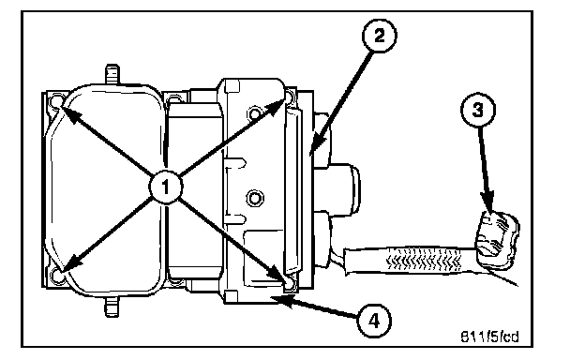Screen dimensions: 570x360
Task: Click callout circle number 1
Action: (x=166, y=187)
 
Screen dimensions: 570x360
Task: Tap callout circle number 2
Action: (x=379, y=36)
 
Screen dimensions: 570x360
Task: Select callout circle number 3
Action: (x=478, y=109)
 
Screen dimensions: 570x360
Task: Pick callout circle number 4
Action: (x=374, y=321)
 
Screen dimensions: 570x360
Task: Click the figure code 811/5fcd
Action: (x=489, y=337)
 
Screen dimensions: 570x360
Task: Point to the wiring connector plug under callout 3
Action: (x=497, y=240)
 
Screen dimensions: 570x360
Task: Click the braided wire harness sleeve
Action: (x=411, y=260)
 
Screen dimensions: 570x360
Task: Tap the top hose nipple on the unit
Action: (x=112, y=74)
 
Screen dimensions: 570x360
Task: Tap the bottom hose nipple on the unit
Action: (x=112, y=307)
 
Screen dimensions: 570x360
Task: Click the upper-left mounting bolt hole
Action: (x=57, y=101)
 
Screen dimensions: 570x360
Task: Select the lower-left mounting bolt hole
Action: (x=57, y=276)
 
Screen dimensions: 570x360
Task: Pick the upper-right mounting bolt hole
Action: (x=290, y=97)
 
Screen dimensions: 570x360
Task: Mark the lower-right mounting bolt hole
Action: (x=290, y=284)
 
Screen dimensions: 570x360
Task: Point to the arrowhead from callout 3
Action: (x=487, y=204)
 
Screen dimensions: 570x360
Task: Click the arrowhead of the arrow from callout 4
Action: (x=283, y=300)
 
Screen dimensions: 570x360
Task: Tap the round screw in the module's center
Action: (x=254, y=199)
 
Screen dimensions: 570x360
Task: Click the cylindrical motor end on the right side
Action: (x=345, y=189)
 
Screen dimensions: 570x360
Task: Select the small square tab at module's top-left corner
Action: (x=232, y=86)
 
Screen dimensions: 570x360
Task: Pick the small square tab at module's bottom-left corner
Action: (x=232, y=296)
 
